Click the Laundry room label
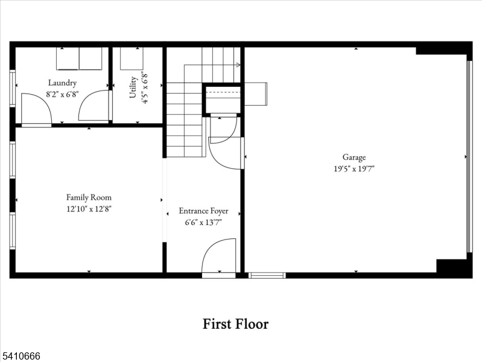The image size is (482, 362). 62,83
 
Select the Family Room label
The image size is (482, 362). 89,197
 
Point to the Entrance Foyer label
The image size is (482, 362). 203,211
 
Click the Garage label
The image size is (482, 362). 354,158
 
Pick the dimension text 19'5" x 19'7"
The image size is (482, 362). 354,170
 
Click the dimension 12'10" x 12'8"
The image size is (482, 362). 89,209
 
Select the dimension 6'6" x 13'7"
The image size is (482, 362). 203,223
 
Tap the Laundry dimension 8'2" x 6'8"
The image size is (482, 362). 62,94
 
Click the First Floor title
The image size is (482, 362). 235,324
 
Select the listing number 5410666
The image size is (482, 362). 21,357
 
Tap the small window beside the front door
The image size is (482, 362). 267,275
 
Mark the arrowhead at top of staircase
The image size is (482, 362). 239,65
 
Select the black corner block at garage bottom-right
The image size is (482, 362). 452,267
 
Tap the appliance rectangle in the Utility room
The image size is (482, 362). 132,59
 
